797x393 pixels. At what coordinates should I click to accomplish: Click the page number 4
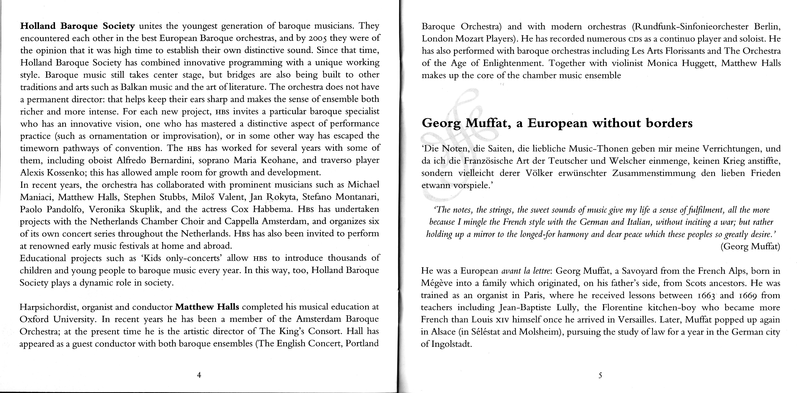(199, 375)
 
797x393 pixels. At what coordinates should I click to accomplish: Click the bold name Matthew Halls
(207, 307)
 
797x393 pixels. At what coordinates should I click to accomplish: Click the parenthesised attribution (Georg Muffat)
(750, 247)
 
